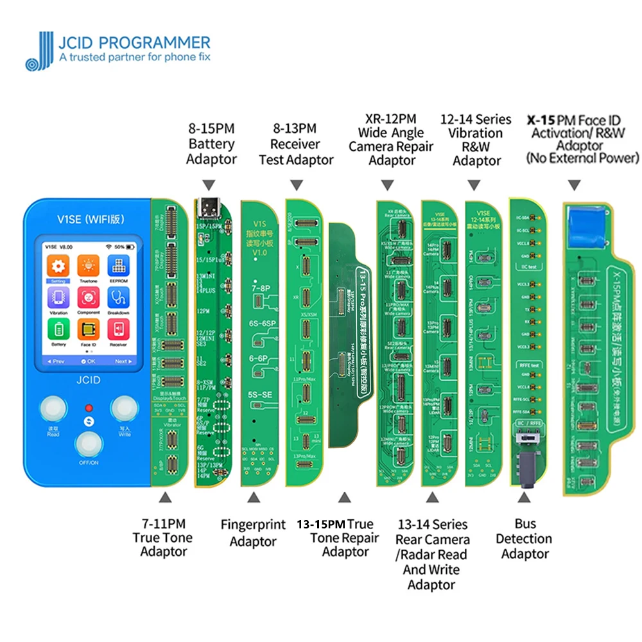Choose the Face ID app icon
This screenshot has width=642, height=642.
click(87, 329)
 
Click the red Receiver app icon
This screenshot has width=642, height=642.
click(118, 329)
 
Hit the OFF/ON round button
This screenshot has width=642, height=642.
click(87, 446)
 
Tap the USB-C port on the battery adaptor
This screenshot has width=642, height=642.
click(210, 207)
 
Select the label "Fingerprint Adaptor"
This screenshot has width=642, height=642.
click(253, 533)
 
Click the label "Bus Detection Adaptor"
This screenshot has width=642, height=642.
click(525, 539)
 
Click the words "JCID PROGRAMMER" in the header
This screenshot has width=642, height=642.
click(135, 43)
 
